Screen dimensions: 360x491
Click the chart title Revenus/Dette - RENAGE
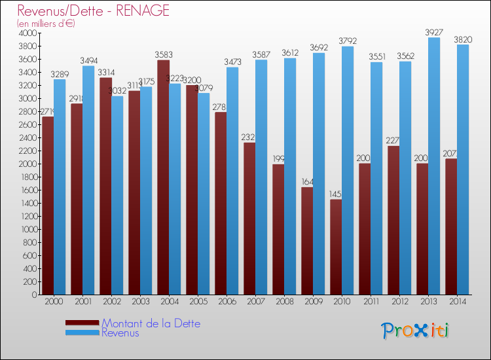tap(94, 10)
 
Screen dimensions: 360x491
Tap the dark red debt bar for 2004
tap(163, 177)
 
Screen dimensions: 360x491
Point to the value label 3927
tap(434, 31)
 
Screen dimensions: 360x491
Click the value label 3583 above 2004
tap(163, 54)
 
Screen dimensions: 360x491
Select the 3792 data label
tap(348, 40)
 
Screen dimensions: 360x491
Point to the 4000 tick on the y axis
tap(28, 33)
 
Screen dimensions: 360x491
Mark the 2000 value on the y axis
tap(28, 164)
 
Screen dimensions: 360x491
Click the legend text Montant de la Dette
tap(151, 323)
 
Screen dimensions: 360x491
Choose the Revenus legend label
tap(120, 333)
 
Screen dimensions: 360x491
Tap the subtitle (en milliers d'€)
tap(46, 24)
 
